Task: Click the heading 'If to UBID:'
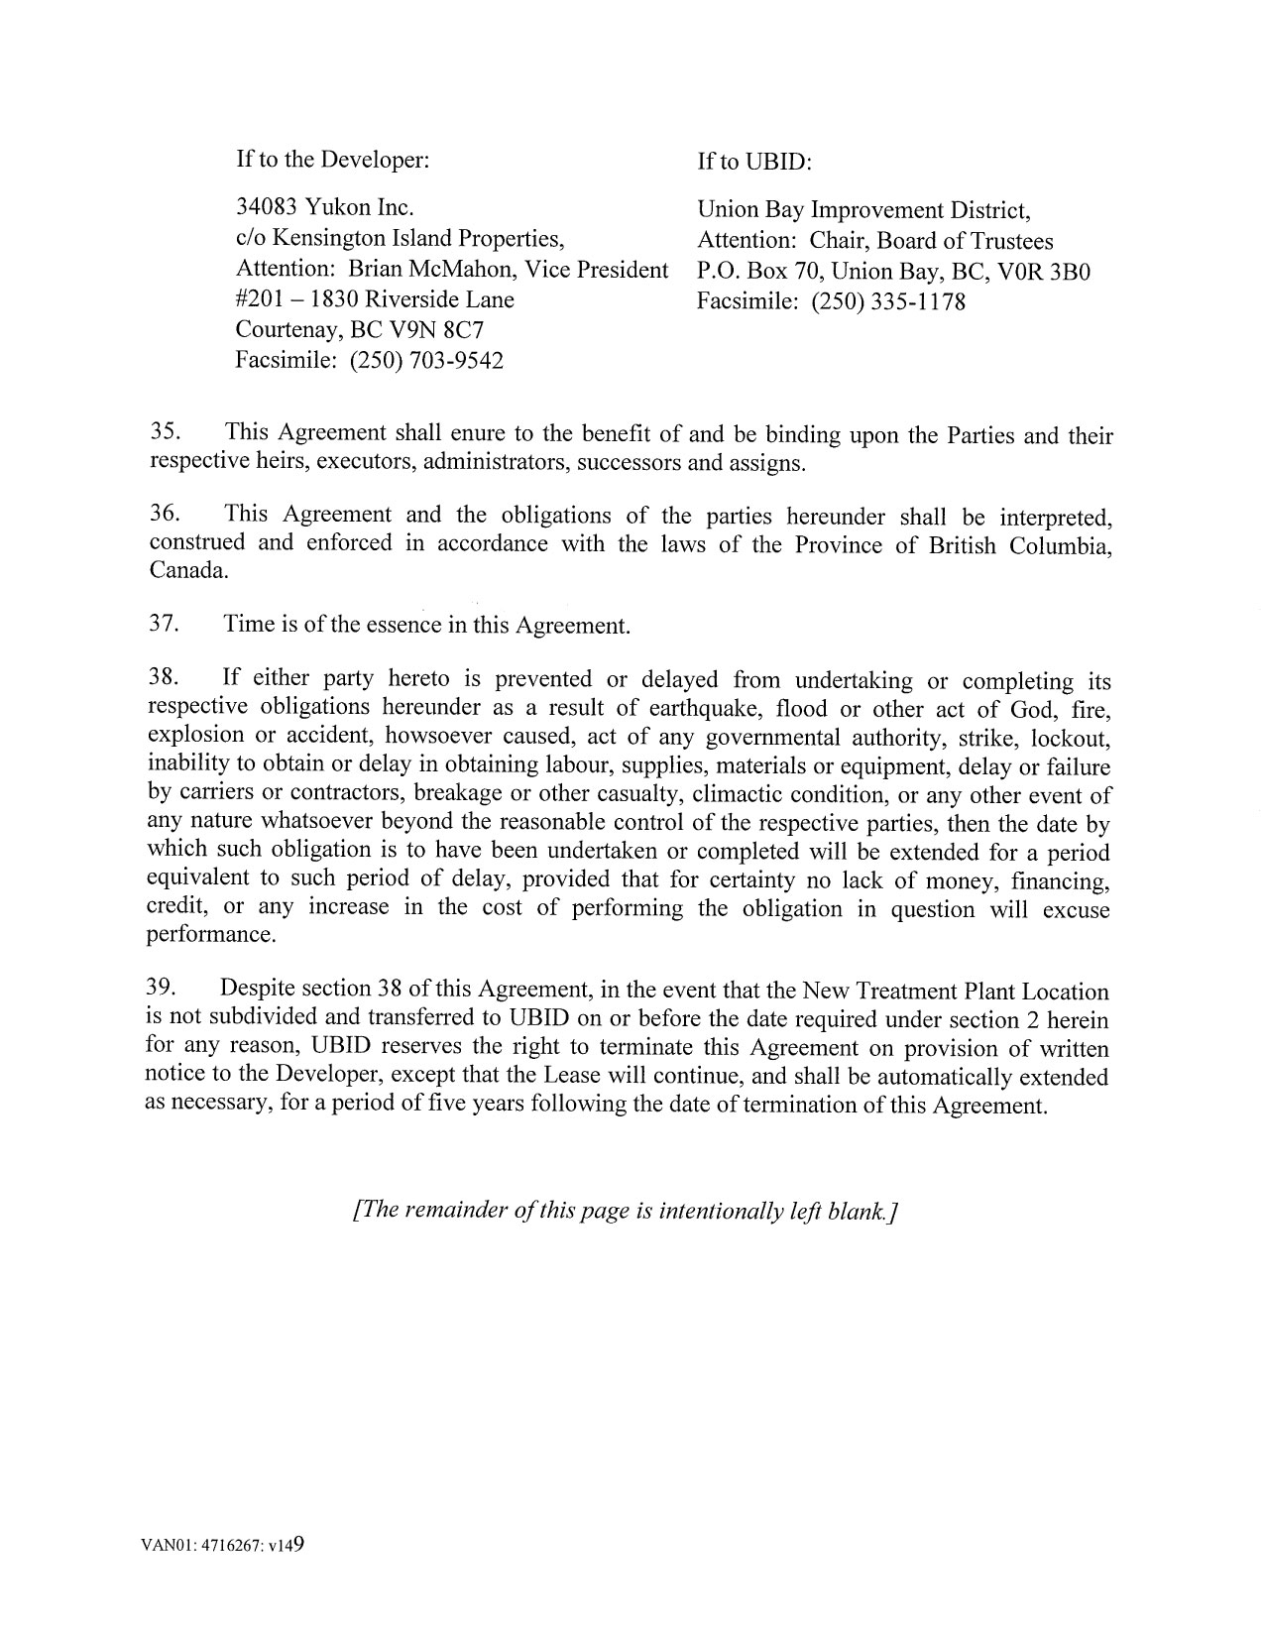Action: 754,161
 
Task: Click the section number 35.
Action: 164,432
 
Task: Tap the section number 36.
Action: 164,514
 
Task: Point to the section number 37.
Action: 163,624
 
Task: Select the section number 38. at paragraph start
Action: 163,678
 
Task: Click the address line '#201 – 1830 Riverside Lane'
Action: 375,299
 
